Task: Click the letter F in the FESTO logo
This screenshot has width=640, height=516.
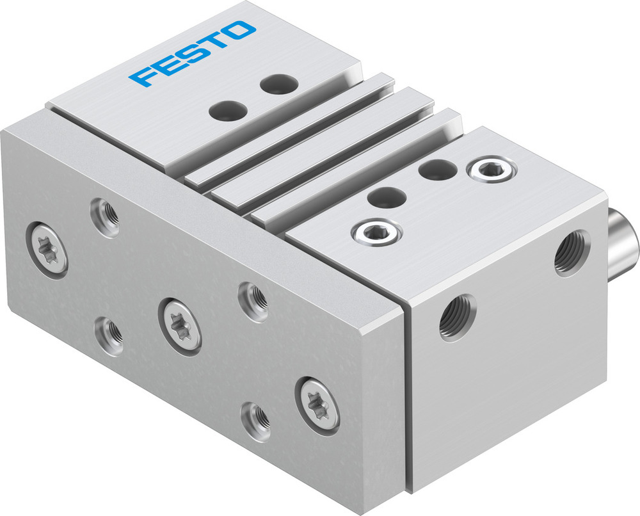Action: [141, 76]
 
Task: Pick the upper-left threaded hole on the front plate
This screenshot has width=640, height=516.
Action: [104, 216]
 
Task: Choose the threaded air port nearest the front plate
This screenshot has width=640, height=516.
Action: [457, 316]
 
